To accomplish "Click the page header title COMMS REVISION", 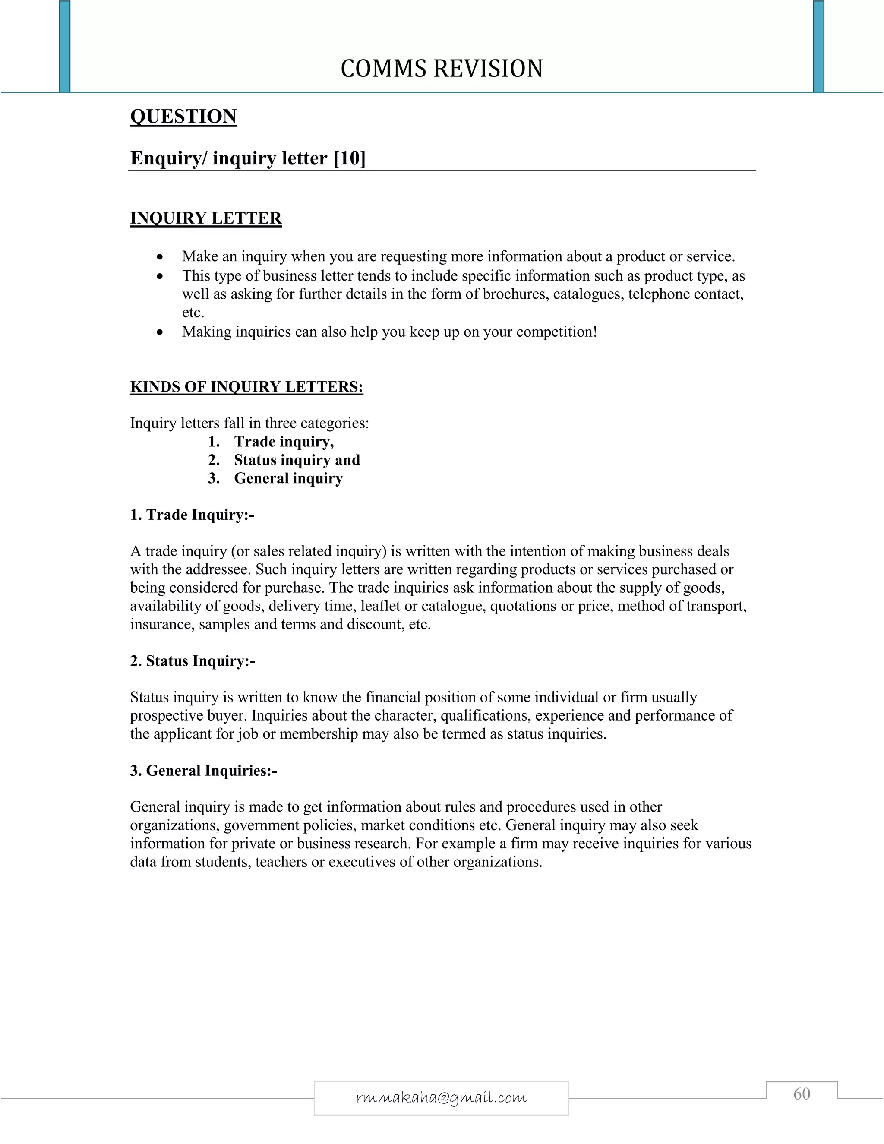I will pos(442,69).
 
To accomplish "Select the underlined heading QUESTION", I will pos(183,116).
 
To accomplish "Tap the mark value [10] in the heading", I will pos(350,158).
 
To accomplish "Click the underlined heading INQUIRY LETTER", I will pos(206,218).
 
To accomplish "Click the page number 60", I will pos(802,1094).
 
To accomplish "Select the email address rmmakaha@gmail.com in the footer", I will pos(441,1097).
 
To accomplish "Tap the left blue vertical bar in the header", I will pos(64,47).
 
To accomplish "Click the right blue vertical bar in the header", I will pos(818,47).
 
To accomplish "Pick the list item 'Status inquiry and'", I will pos(297,460).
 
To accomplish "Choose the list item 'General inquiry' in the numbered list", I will pos(288,478).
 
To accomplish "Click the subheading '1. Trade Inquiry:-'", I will pos(192,515).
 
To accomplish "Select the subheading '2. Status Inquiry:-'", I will pos(193,661).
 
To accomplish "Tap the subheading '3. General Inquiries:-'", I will pos(204,771).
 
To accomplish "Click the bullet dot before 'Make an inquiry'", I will pos(160,257).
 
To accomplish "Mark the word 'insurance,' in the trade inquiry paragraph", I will pos(162,624).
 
